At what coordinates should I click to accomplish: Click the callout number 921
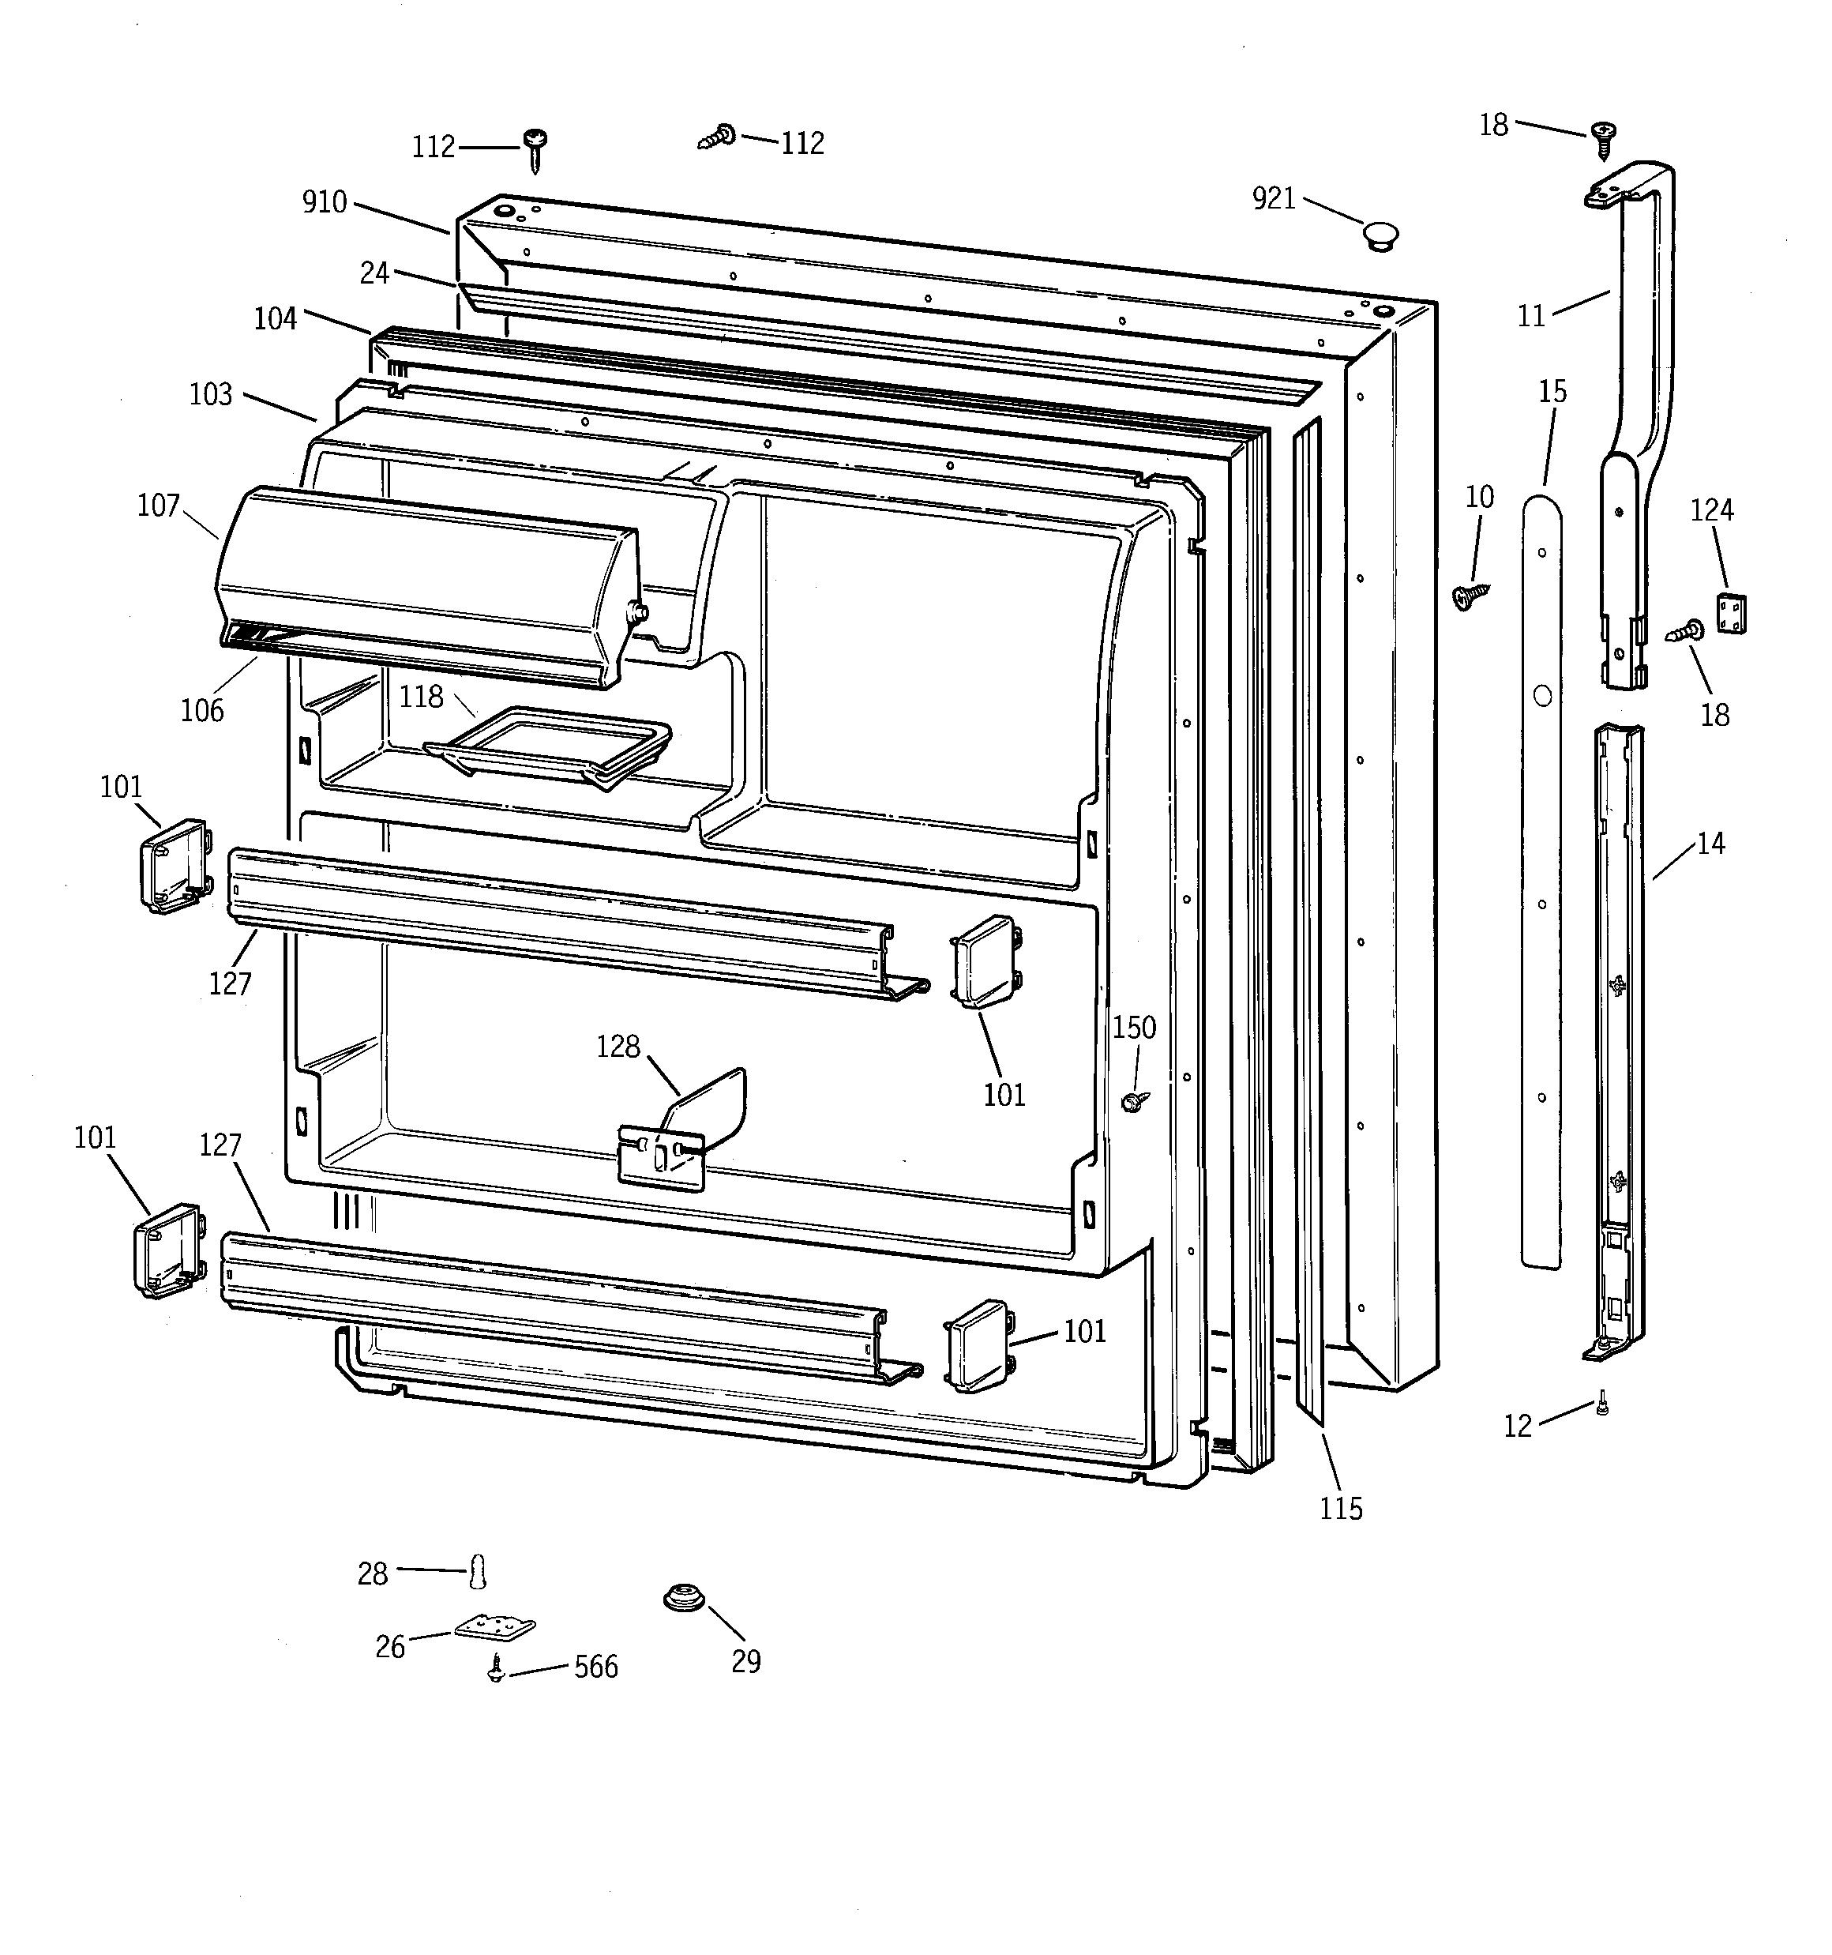1274,198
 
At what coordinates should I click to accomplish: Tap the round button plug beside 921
1380,236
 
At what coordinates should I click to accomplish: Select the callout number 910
325,202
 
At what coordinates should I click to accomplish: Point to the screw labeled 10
1471,595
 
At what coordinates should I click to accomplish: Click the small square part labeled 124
1731,613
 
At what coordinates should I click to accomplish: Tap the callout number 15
1552,393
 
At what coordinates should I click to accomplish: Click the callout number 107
158,506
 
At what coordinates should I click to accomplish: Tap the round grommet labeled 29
683,1598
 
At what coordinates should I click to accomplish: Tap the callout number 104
276,318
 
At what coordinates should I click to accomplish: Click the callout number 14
1710,844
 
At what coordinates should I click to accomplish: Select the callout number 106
201,710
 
